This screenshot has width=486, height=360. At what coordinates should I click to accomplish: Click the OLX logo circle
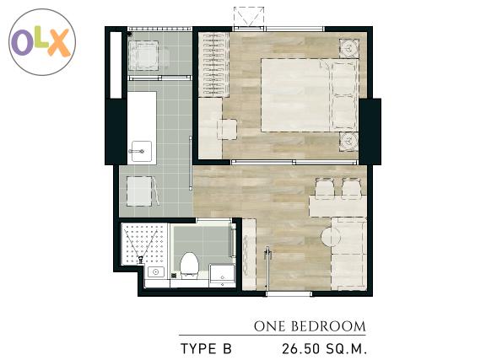pos(42,42)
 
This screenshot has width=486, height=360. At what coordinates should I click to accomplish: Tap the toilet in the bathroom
pos(189,266)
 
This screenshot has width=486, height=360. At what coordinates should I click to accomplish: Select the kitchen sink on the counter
pos(142,151)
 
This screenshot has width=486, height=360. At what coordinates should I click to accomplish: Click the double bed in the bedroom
pos(310,95)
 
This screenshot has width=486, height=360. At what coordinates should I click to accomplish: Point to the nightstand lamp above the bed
pos(349,48)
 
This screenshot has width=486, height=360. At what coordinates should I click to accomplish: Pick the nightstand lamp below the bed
pos(349,142)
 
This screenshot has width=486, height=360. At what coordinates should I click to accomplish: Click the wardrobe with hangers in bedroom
pos(213,64)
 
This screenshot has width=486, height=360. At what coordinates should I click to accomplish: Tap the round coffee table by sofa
pos(331,237)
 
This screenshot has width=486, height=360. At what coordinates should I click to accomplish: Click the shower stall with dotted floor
pos(145,244)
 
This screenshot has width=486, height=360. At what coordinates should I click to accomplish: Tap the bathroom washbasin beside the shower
pos(156,272)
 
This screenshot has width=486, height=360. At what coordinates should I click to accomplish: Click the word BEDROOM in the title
pos(328,326)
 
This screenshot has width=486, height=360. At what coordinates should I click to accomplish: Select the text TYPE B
pos(206,349)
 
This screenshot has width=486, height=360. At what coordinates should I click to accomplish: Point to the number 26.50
pos(300,349)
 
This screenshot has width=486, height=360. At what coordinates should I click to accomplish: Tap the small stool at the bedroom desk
pos(227,130)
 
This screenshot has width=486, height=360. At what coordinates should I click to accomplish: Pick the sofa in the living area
pos(349,254)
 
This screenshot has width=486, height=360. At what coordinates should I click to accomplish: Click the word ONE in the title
pos(269,326)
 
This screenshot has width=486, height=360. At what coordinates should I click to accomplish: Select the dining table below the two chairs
pos(337,206)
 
